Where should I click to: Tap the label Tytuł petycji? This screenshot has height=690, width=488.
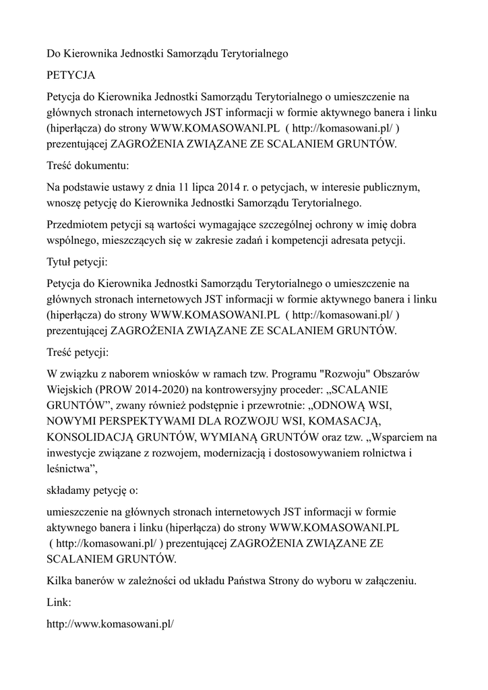tap(78, 261)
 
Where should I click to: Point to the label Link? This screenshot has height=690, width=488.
tap(59, 601)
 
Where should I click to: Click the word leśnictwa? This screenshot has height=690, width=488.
tap(71, 470)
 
